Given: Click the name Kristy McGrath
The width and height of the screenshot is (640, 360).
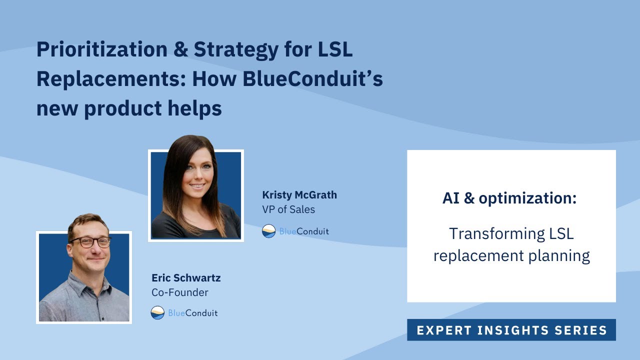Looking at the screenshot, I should point(299,195).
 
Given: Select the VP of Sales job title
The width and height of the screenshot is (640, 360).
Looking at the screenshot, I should point(288,209).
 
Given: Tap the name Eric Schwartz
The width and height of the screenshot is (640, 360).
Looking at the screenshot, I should point(186,278).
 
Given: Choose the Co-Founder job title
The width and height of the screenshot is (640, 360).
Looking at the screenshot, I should point(180,292).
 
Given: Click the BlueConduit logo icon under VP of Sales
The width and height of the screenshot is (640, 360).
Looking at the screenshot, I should point(269,231).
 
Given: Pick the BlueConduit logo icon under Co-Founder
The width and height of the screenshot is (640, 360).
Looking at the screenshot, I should point(157,313).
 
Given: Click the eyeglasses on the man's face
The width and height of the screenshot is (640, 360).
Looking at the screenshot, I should point(90,242).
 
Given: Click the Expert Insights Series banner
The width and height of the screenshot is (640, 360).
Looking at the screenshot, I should point(511,330).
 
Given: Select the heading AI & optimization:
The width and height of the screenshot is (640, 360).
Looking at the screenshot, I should point(509,198).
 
